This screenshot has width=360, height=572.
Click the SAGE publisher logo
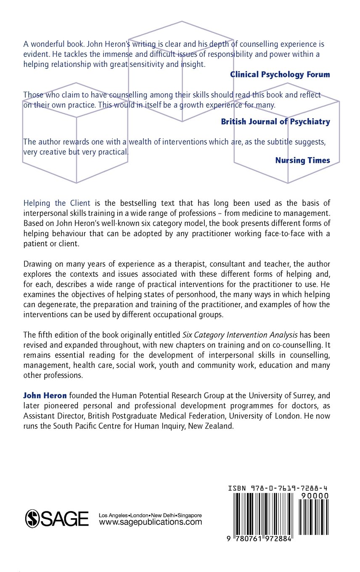point(57,518)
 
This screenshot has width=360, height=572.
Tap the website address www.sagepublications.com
point(151,522)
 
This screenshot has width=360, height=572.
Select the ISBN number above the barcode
point(278,488)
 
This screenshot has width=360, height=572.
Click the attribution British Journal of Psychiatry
point(275,122)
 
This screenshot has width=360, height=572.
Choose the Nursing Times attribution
point(302,160)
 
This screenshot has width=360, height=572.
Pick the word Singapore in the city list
point(190,515)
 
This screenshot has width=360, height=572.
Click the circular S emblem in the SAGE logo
point(33,518)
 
